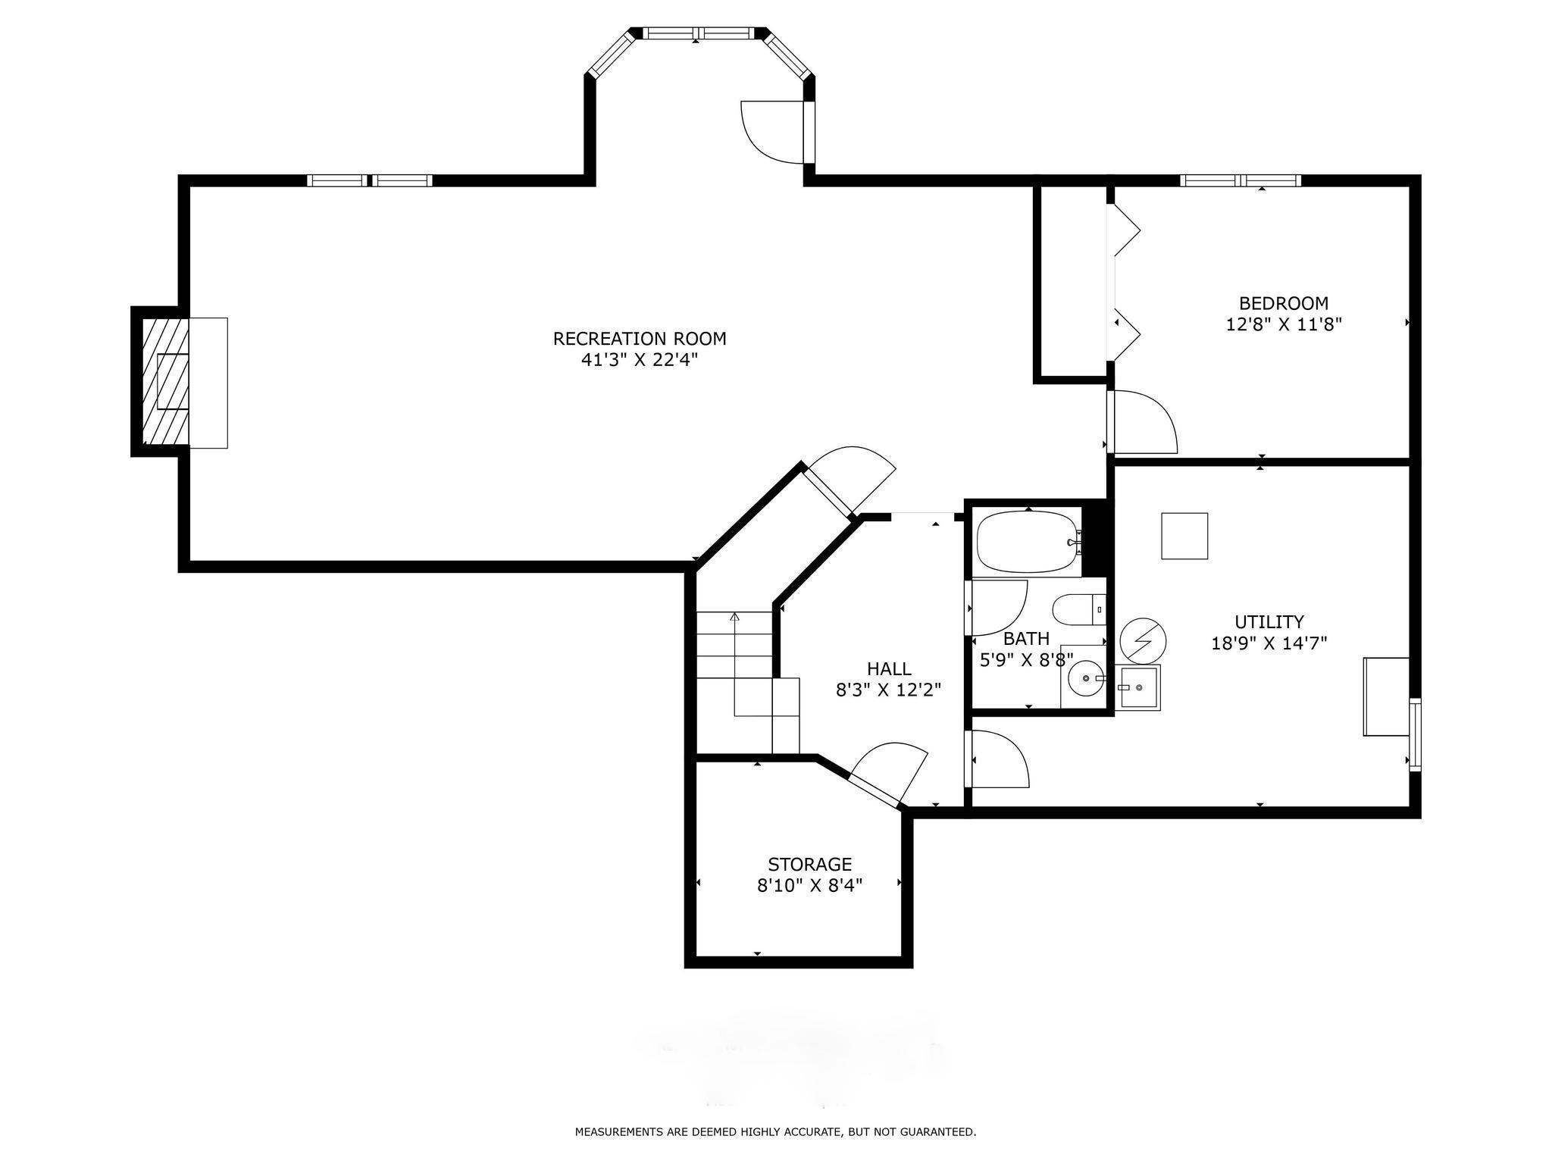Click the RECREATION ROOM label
[x=640, y=338]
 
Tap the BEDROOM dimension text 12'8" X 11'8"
[x=1284, y=325]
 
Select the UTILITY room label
[x=1269, y=622]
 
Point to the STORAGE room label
[x=810, y=864]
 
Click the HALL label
[x=889, y=669]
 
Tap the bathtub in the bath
[x=1028, y=542]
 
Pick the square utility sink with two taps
[x=1139, y=687]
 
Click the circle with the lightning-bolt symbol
[x=1143, y=641]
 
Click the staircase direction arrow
[x=734, y=665]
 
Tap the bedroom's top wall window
[x=1241, y=180]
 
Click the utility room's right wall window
[x=1415, y=735]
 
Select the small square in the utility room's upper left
[x=1184, y=536]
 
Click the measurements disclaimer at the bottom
[x=775, y=1132]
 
